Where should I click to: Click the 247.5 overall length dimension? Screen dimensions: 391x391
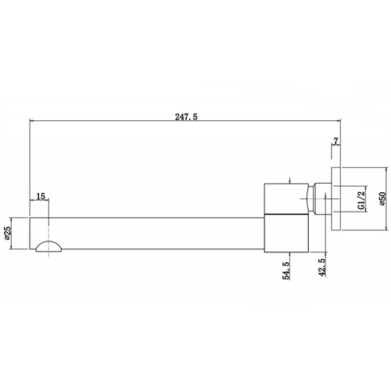pyautogui.click(x=186, y=117)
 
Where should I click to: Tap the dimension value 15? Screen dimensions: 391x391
pyautogui.click(x=41, y=196)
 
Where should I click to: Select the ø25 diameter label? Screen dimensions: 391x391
pyautogui.click(x=7, y=233)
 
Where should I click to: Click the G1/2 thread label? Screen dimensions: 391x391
pyautogui.click(x=361, y=200)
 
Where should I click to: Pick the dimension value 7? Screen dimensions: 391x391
pyautogui.click(x=336, y=141)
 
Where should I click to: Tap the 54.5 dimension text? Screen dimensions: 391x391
pyautogui.click(x=286, y=271)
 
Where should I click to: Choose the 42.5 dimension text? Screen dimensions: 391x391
pyautogui.click(x=322, y=267)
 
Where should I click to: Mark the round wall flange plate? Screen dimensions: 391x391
pyautogui.click(x=336, y=199)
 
